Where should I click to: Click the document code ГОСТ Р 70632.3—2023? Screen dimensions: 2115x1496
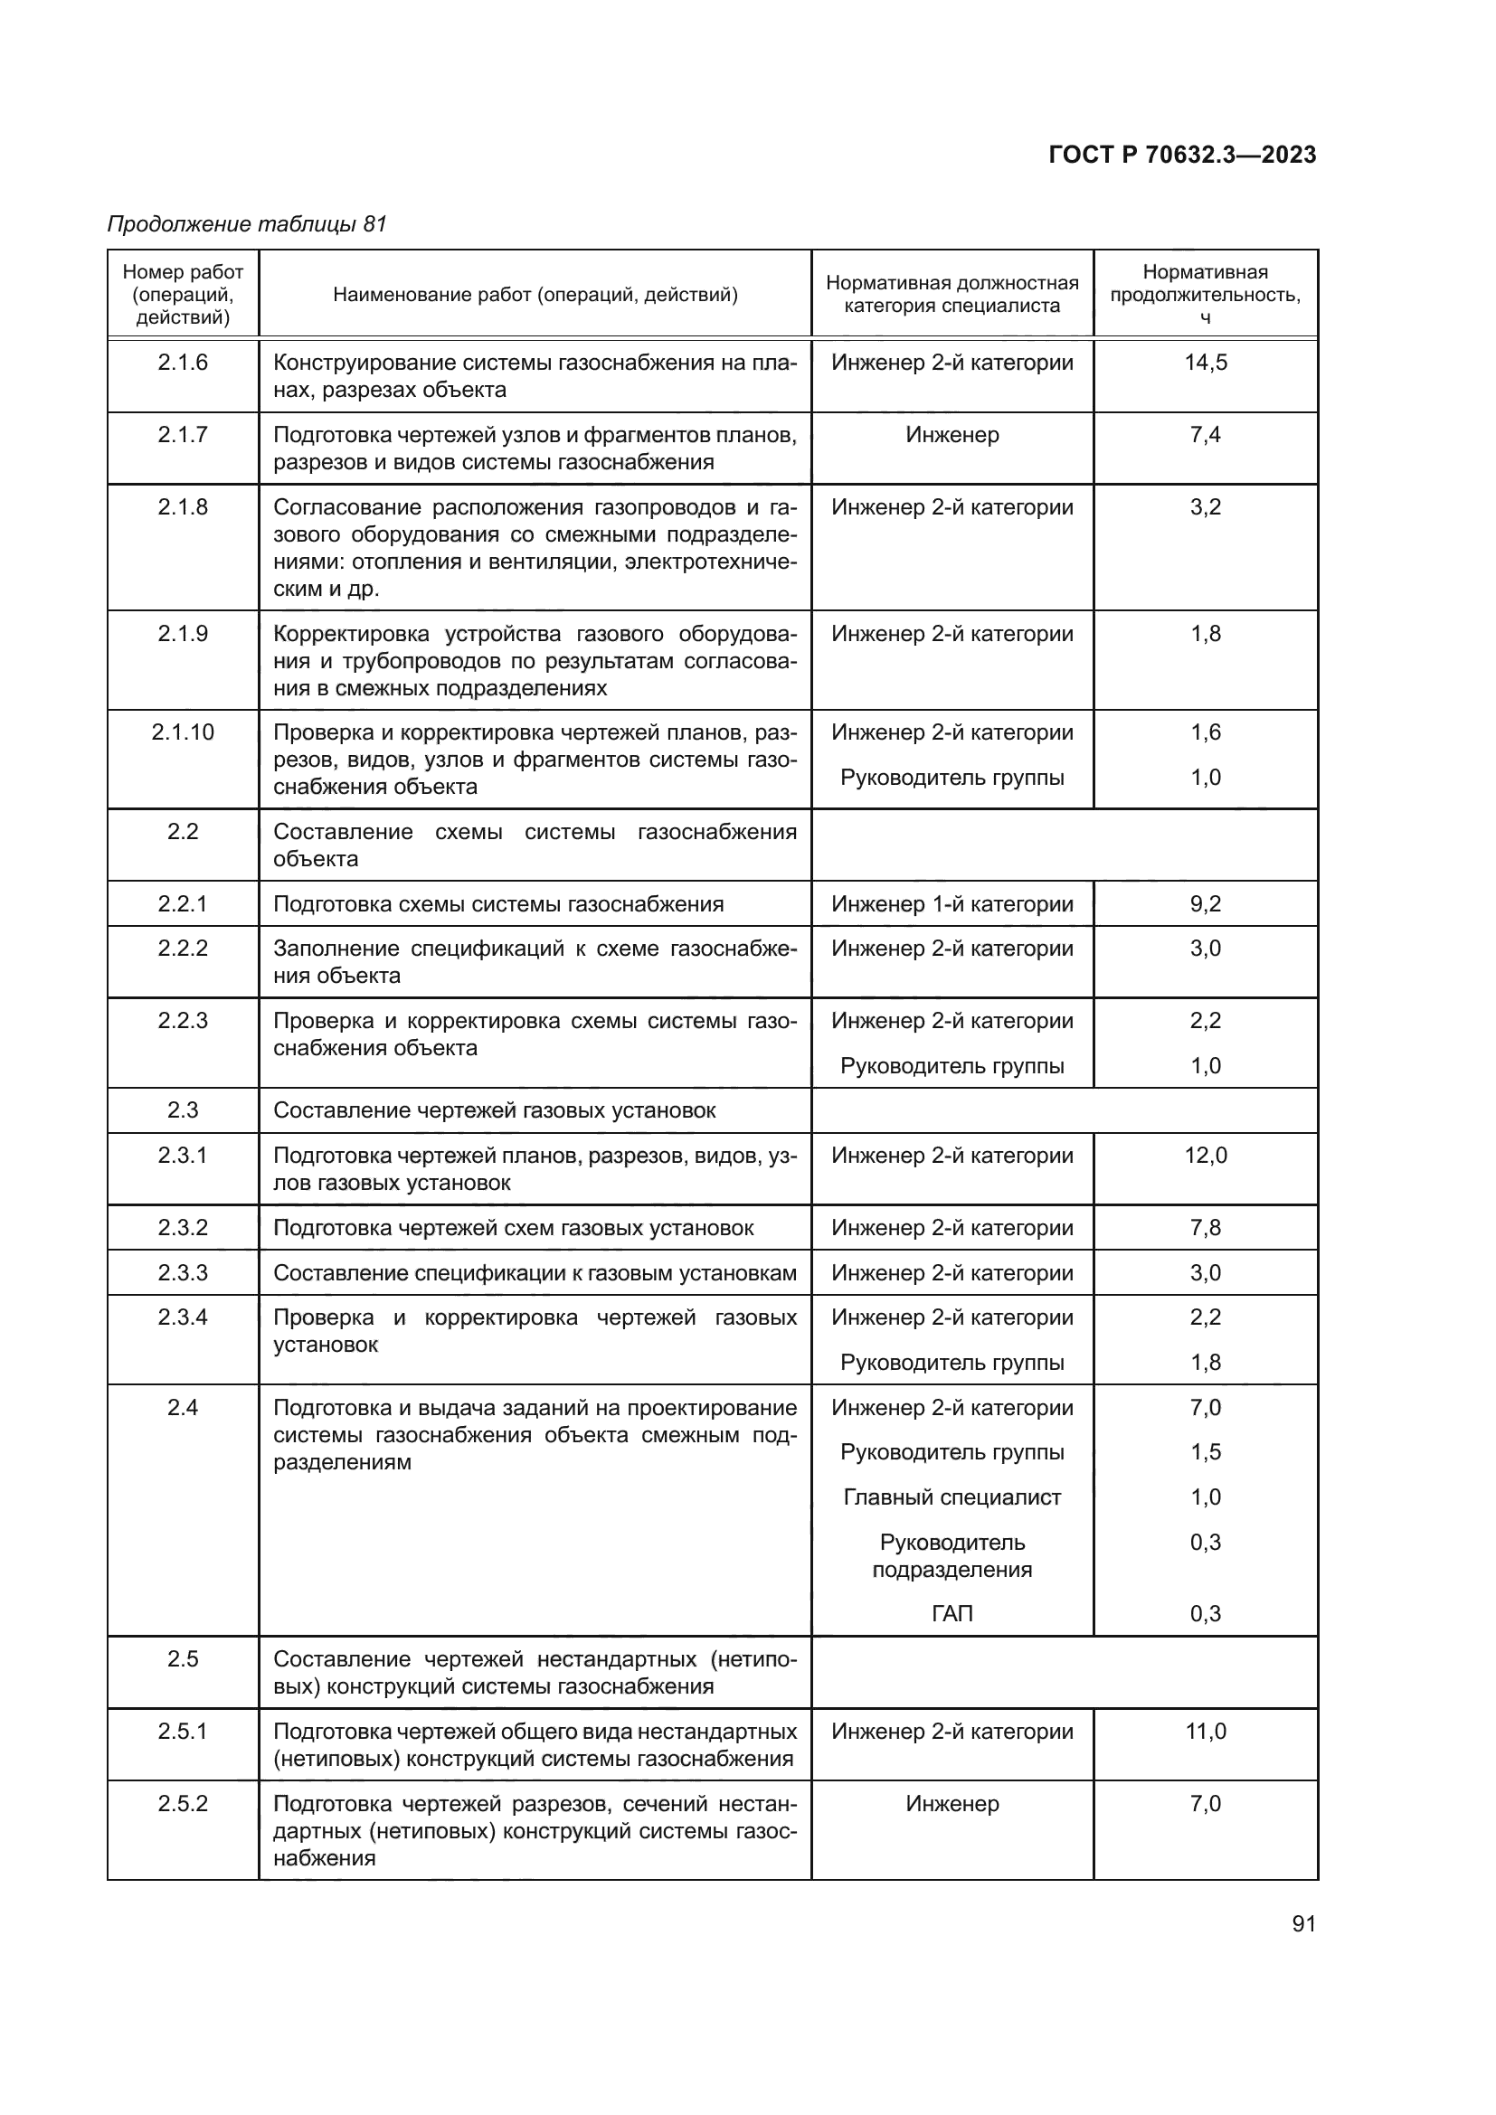click(1182, 155)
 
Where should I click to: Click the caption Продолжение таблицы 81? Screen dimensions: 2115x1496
click(247, 224)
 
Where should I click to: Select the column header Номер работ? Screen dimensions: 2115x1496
click(183, 273)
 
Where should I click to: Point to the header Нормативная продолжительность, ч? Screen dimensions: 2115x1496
click(1205, 294)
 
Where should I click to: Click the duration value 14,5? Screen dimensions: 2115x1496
click(1205, 362)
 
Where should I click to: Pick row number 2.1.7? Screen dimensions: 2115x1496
click(183, 434)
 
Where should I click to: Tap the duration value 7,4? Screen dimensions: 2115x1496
click(1205, 434)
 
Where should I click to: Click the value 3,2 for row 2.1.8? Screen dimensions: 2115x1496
click(1205, 506)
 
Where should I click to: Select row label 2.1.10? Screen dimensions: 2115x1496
click(183, 732)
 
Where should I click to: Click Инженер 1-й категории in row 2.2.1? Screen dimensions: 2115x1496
click(952, 903)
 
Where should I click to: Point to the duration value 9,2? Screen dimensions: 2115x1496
click(1205, 903)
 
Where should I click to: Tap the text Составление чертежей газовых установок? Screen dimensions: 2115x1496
click(494, 1110)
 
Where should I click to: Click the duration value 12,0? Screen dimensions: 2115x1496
click(1205, 1155)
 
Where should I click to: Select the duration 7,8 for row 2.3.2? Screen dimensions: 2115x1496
click(1205, 1227)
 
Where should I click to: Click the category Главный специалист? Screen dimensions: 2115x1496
click(952, 1497)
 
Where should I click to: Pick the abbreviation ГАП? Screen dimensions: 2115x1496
click(952, 1613)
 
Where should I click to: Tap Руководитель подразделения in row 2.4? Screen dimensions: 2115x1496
click(952, 1555)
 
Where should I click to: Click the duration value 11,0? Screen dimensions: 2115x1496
click(1205, 1731)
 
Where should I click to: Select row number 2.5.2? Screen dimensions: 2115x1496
click(183, 1803)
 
